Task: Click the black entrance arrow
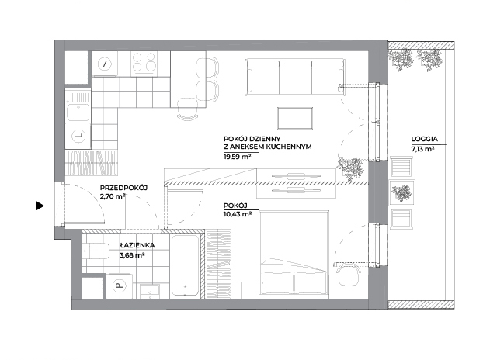click(x=40, y=206)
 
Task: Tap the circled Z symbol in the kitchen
click(x=105, y=64)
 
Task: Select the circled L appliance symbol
click(x=78, y=136)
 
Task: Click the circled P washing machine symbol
click(x=119, y=286)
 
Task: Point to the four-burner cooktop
click(x=144, y=62)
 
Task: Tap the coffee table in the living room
click(x=295, y=118)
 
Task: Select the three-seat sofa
click(x=295, y=77)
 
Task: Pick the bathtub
click(x=186, y=265)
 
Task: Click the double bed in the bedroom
click(x=294, y=254)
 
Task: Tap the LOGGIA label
click(x=424, y=139)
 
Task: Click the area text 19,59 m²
click(x=238, y=157)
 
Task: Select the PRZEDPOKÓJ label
click(x=123, y=188)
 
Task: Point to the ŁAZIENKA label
click(x=137, y=245)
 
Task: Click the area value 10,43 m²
click(x=238, y=214)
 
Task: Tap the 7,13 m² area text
click(x=422, y=149)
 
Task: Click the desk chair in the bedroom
click(x=349, y=275)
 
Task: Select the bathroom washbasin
click(x=150, y=291)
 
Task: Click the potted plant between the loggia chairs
click(x=402, y=192)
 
